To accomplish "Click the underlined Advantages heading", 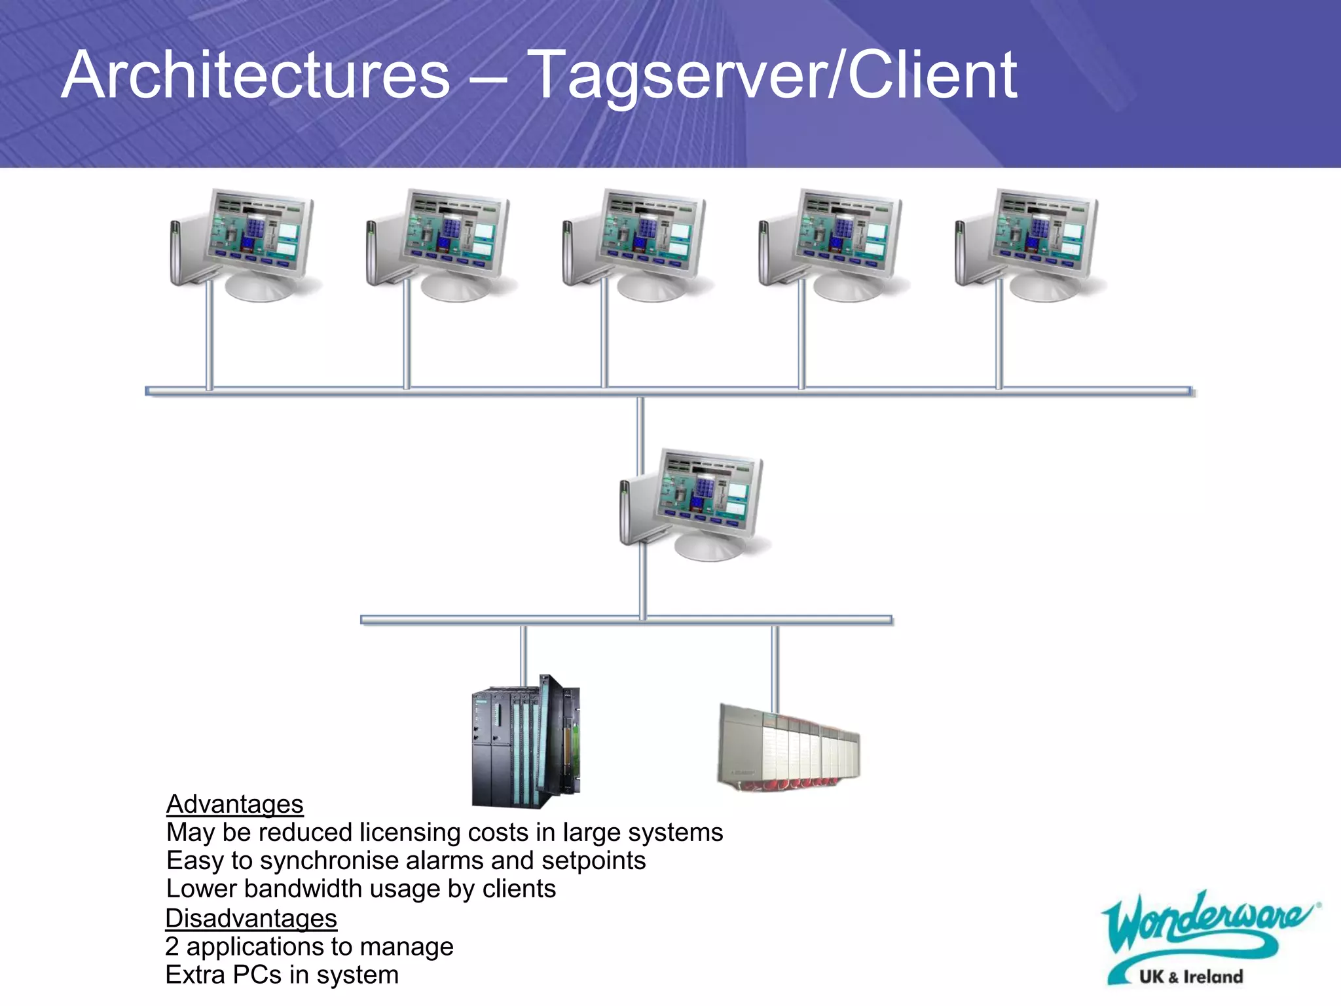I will pos(234,804).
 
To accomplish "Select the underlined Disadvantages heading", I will pos(251,918).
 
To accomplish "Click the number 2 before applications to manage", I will pos(172,946).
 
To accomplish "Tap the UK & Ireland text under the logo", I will pos(1190,977).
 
